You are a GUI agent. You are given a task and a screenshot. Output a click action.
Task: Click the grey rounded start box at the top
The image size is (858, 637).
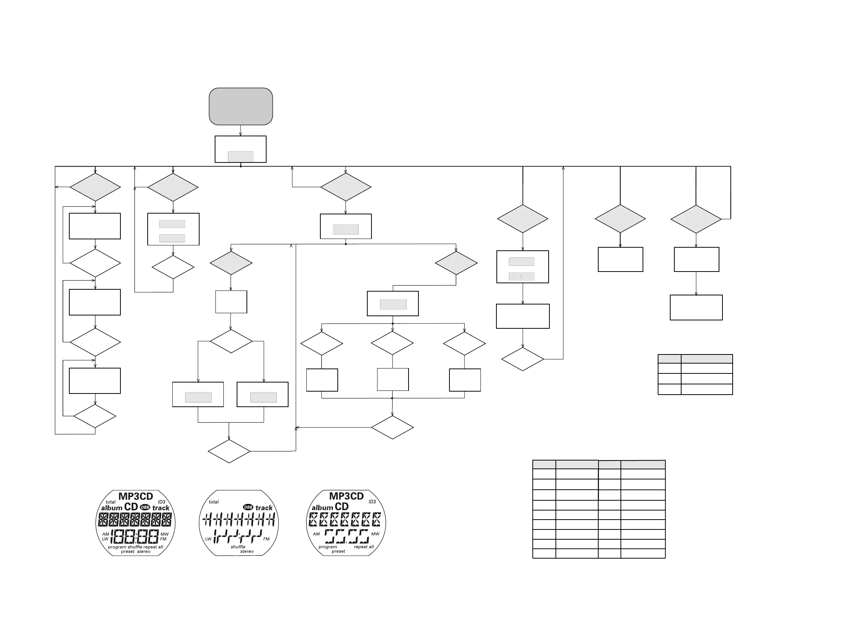240,106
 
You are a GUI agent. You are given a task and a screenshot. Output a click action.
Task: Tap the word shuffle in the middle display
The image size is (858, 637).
238,547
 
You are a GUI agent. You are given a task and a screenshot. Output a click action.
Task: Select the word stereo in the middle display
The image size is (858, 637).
247,551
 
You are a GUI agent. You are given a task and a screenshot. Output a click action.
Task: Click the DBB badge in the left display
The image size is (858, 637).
145,507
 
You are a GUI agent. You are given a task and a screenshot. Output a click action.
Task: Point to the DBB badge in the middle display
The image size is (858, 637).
248,507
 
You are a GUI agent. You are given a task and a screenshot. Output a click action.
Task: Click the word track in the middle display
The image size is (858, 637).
264,508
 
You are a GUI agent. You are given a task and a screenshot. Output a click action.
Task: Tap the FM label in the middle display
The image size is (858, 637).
266,539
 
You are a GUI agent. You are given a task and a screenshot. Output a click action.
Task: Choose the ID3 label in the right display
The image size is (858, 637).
372,502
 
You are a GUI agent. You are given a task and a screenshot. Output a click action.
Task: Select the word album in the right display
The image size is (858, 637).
322,508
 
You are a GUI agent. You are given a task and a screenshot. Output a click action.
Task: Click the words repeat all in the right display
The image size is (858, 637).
364,547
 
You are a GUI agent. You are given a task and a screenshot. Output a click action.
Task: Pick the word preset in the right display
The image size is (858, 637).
339,551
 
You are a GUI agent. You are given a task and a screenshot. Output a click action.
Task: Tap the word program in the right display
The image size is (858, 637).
328,547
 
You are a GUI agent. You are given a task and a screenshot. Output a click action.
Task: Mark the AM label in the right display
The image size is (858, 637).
317,534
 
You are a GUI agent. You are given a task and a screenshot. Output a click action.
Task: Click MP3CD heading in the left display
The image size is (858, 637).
136,496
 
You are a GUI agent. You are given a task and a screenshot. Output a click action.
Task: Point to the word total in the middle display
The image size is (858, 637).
214,502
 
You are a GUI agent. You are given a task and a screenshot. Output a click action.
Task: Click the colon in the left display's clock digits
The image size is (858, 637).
135,536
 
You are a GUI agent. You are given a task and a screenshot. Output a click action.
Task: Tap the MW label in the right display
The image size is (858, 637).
375,534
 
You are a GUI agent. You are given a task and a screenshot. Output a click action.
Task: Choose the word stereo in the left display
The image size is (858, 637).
144,552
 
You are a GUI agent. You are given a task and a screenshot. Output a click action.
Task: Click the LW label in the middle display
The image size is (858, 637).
208,539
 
